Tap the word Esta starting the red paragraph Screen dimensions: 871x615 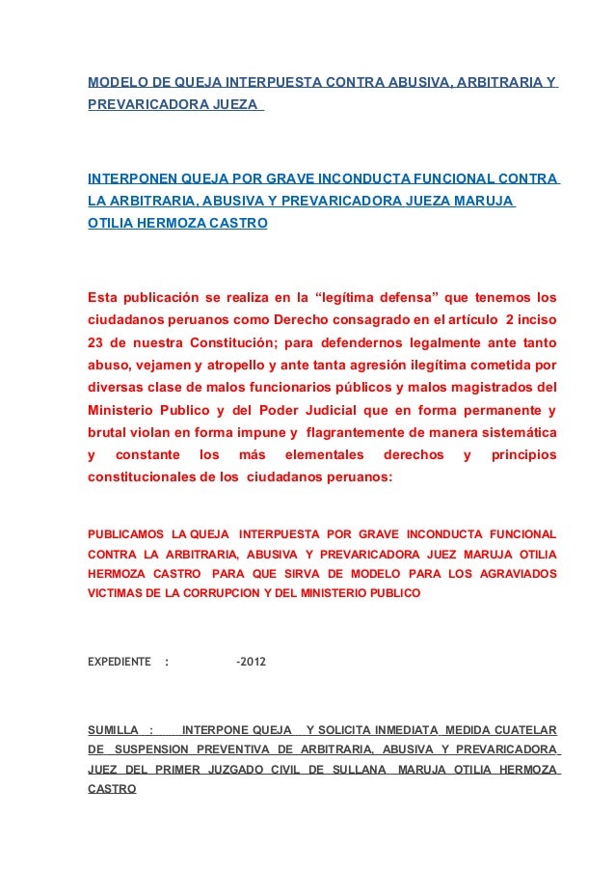[x=104, y=294]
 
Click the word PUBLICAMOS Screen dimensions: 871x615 [x=125, y=533]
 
